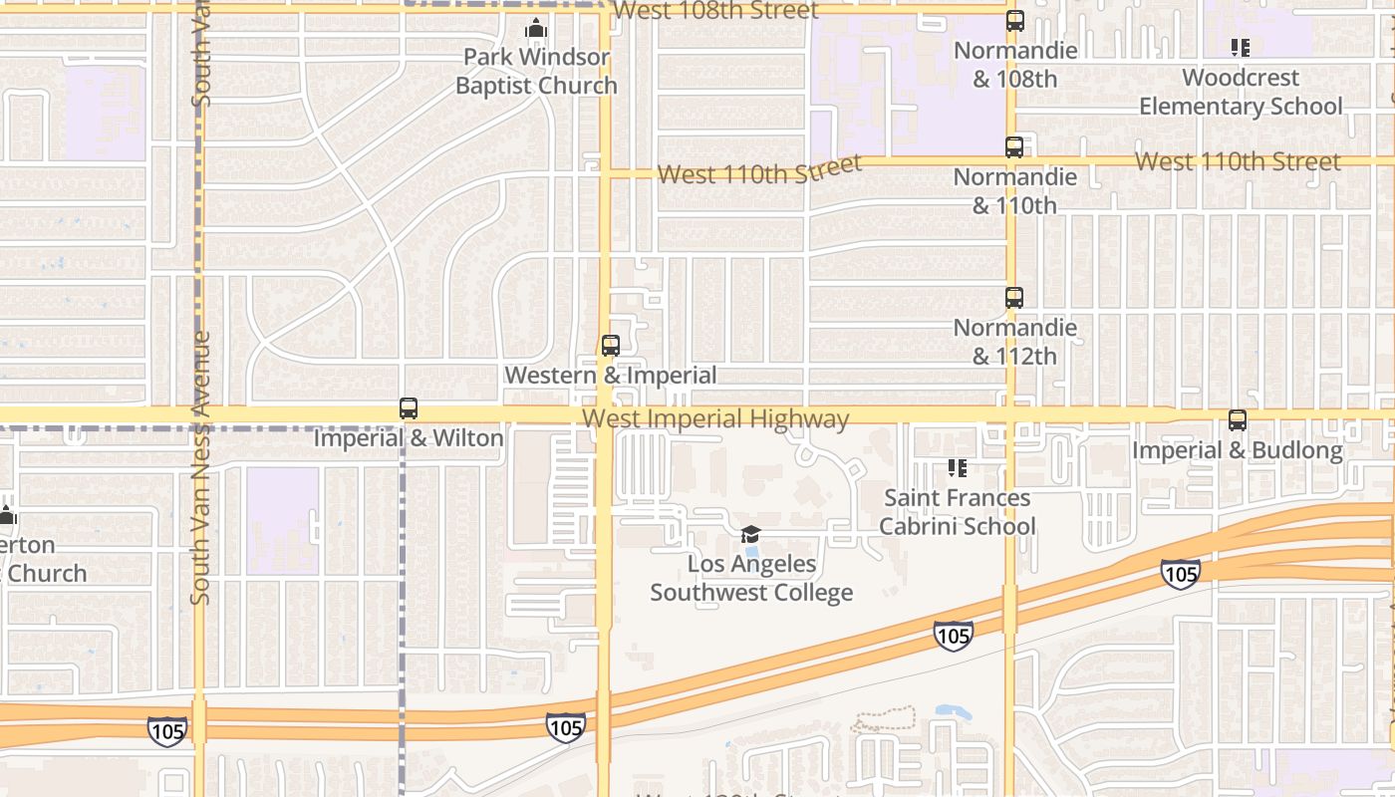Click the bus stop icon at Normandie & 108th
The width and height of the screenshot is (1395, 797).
point(1014,21)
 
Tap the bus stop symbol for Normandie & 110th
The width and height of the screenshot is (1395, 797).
point(1014,147)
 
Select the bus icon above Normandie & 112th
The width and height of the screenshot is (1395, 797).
point(1014,298)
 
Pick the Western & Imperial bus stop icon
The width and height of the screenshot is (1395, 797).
point(611,346)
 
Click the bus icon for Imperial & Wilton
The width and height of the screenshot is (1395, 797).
point(409,408)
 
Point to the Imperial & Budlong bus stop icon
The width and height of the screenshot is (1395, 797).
point(1238,421)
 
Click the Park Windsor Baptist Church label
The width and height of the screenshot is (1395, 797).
point(536,72)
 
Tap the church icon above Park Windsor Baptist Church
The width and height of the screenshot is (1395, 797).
point(536,28)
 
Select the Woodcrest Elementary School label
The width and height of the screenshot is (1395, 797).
point(1241,92)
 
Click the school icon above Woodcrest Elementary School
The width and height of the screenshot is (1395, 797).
point(1241,47)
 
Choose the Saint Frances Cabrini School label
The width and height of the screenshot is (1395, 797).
point(958,512)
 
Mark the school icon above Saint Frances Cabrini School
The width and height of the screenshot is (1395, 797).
point(958,467)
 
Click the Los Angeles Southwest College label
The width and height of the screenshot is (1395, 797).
point(751,579)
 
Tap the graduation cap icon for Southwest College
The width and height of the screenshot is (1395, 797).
point(751,535)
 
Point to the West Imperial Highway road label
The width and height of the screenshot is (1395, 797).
point(715,419)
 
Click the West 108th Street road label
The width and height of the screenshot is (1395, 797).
point(715,11)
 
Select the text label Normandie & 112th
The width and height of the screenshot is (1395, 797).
point(1014,342)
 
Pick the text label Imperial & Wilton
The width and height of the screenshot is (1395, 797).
point(409,438)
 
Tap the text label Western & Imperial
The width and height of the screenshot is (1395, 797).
point(611,376)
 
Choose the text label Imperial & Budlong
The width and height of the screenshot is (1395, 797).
point(1238,451)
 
